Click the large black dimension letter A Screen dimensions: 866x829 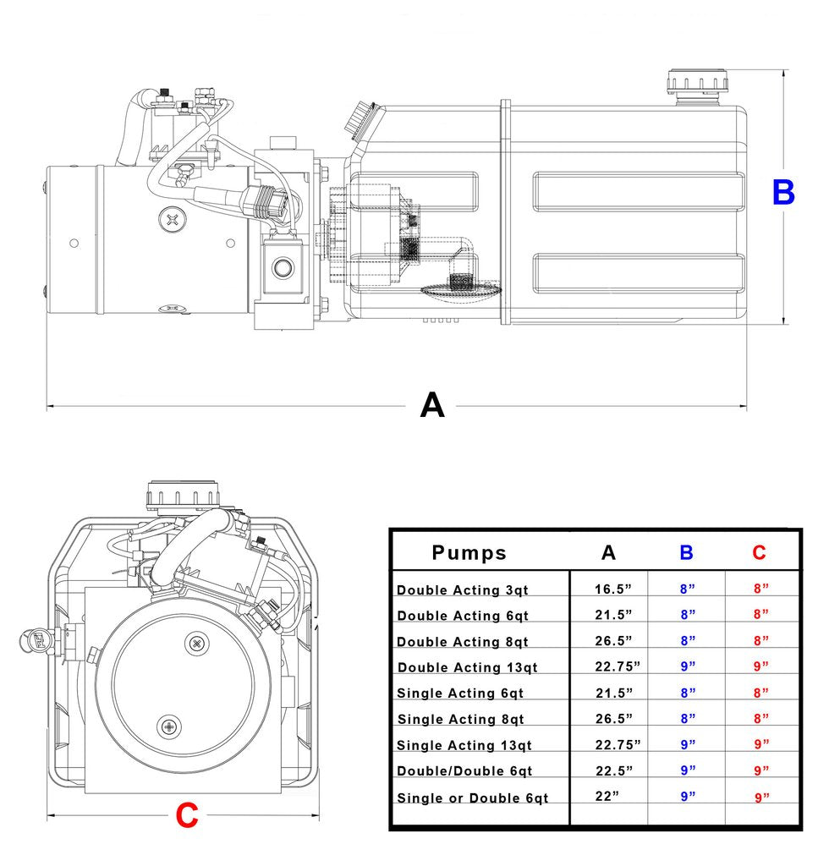point(432,406)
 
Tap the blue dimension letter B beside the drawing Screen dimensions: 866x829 point(783,193)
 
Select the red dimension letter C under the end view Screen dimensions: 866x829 point(186,816)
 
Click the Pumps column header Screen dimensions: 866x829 point(469,553)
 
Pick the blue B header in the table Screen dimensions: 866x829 point(686,553)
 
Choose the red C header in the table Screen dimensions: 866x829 point(759,553)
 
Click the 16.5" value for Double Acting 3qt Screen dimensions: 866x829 point(613,589)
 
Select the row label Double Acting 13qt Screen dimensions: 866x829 point(467,667)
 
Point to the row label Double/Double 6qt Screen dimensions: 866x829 point(464,771)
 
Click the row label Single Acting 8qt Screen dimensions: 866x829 point(460,720)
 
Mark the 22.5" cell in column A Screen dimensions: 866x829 point(613,770)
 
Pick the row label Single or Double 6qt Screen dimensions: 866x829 point(472,798)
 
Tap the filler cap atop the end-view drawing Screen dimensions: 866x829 point(184,495)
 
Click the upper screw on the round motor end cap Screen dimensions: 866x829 point(197,644)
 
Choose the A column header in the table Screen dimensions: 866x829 point(608,553)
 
